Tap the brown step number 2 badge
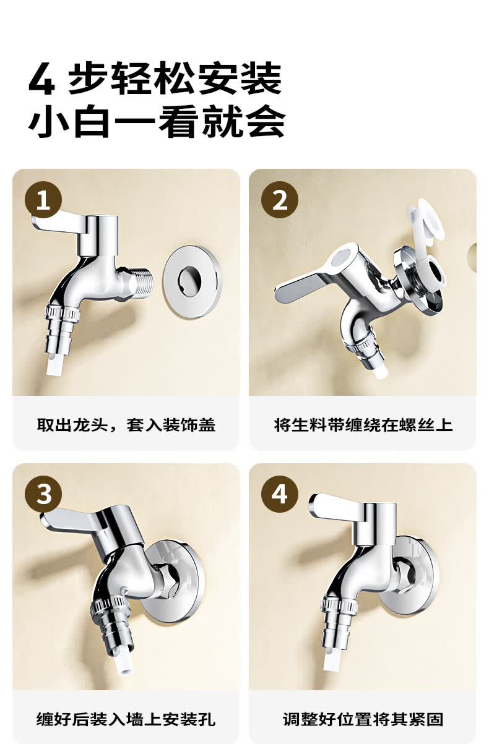tap(280, 200)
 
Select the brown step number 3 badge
tap(43, 495)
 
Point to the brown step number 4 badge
tap(280, 495)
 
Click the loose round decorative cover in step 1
tap(193, 282)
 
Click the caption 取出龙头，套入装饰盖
tap(126, 425)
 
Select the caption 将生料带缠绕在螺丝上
tap(363, 425)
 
